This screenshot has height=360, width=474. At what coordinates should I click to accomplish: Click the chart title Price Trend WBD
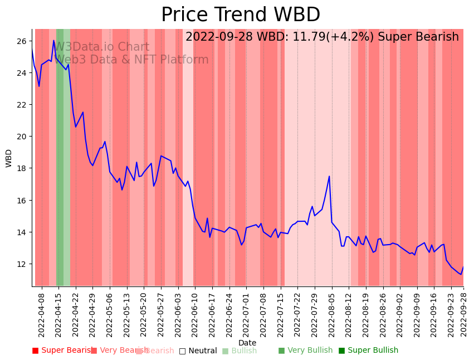241,15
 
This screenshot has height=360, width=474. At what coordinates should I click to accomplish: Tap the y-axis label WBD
9,158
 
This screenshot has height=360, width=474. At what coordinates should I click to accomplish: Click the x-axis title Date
247,343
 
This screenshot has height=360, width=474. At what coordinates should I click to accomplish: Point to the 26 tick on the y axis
22,41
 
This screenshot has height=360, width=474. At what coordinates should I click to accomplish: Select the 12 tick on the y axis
22,264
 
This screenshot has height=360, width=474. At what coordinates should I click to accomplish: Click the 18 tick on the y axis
22,168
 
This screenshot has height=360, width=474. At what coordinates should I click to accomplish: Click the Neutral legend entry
198,351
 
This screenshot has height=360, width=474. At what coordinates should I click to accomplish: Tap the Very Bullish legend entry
305,351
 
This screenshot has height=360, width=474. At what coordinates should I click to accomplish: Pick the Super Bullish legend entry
368,351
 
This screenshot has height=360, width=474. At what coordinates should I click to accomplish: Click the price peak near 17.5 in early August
329,177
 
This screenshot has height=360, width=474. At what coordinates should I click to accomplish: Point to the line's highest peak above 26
54,40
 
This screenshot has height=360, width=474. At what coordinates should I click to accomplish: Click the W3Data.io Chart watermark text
101,47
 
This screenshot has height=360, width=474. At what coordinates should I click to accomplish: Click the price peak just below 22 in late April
83,113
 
